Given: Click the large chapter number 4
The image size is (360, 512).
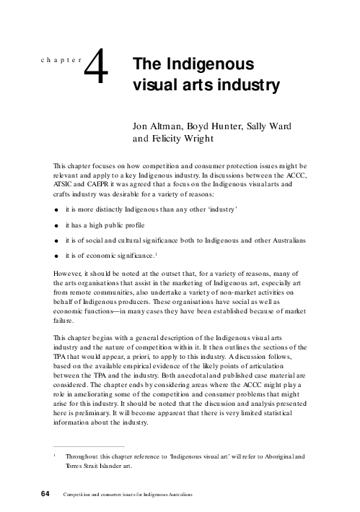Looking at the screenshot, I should click(97, 72).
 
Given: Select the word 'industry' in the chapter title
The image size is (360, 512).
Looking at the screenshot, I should click(245, 86).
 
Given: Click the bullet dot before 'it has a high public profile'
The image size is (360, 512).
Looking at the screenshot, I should click(57, 225).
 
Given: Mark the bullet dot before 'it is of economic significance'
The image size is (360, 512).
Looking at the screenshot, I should click(57, 256).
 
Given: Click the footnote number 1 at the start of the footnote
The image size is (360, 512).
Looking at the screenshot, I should click(53, 455).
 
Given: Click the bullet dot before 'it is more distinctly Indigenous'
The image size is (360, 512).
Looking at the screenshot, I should click(57, 209).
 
